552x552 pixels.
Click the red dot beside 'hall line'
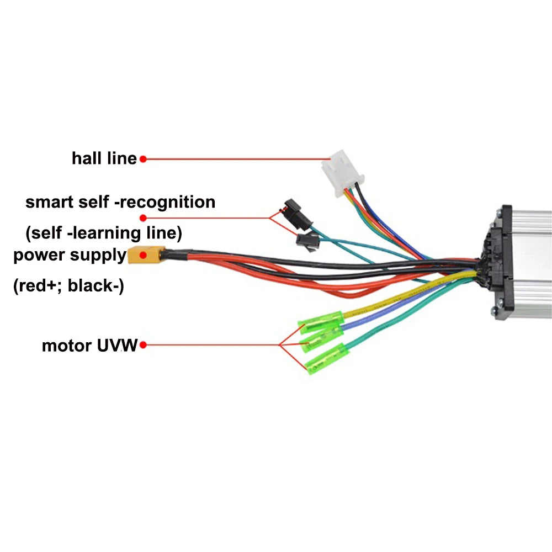[x=142, y=159]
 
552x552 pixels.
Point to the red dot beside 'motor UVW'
[x=143, y=346]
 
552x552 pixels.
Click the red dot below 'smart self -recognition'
[x=143, y=217]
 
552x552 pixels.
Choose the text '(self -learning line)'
[x=103, y=233]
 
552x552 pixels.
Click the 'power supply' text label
[x=70, y=256]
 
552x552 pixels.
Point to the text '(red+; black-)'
[x=68, y=286]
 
